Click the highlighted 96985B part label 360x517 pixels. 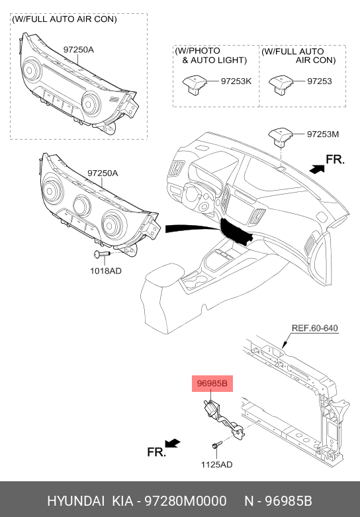pos(212,383)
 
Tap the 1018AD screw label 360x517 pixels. pos(106,271)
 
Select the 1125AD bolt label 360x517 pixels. pos(216,465)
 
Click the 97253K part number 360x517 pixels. pos(236,81)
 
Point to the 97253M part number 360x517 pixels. pos(323,134)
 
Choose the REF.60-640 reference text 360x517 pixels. pos(315,328)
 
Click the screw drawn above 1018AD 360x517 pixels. pos(101,254)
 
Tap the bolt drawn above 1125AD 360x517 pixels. pos(216,446)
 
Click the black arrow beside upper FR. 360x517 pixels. pos(317,169)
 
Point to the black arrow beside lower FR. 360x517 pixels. pos(173,443)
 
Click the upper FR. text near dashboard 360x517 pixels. pos(336,160)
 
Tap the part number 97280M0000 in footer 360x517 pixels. pos(186,501)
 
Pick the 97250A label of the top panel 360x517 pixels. pos(79,50)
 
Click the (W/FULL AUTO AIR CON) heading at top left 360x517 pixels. pos(64,19)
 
